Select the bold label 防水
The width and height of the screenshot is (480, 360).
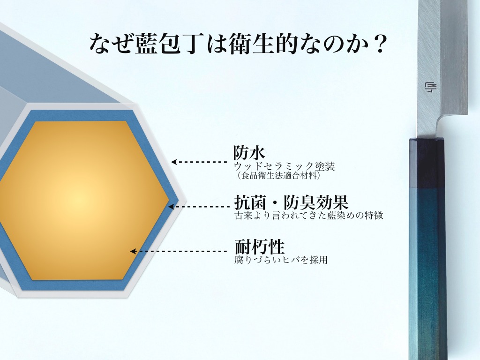[249, 152]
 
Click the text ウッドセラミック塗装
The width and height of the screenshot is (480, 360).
[285, 166]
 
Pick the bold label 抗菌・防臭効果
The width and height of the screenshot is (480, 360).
[291, 202]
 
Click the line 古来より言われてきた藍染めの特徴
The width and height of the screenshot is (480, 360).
[308, 215]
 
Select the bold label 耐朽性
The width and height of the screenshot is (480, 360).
[260, 247]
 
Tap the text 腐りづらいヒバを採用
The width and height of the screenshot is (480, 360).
[281, 260]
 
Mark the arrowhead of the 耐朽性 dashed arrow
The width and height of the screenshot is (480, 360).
[133, 251]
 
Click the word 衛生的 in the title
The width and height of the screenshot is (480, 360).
[263, 44]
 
